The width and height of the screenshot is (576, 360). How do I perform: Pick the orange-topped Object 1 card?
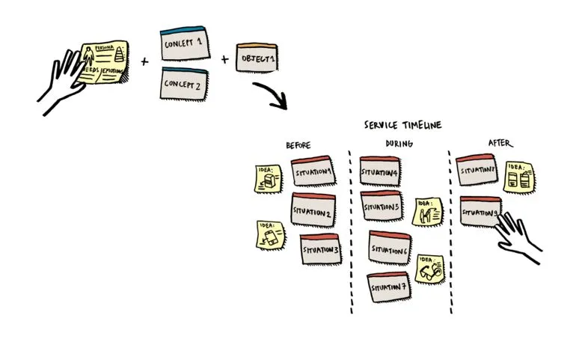(257, 58)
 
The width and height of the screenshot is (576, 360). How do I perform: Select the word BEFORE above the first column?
(298, 145)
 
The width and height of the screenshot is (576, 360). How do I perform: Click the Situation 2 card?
(313, 210)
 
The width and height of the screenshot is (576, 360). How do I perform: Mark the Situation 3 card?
(320, 249)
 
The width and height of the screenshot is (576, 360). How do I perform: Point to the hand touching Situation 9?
(519, 235)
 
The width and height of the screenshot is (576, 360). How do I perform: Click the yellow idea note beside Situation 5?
(429, 212)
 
